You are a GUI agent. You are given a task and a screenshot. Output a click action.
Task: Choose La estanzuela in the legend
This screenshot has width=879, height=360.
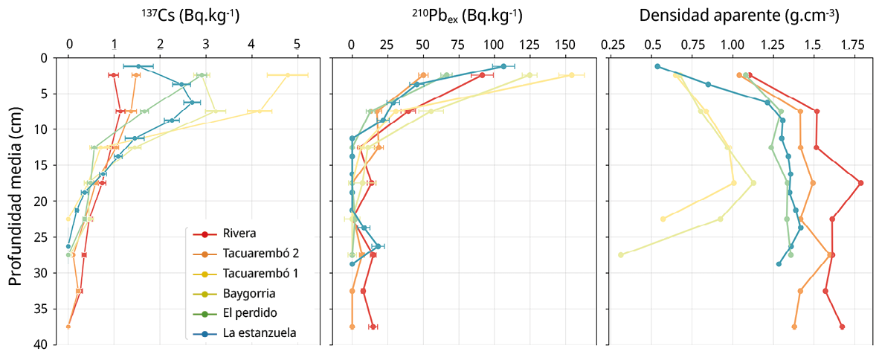tap(260, 332)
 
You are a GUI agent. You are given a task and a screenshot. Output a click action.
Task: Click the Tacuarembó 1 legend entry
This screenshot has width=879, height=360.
tap(260, 274)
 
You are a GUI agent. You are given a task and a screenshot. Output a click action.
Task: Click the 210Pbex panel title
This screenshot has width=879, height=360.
tap(467, 16)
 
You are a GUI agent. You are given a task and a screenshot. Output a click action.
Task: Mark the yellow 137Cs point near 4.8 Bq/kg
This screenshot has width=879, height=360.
tap(287, 75)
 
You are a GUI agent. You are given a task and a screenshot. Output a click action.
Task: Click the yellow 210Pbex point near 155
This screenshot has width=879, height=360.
tap(571, 75)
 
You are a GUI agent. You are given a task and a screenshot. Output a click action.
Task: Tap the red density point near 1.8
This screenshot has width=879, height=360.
tap(860, 183)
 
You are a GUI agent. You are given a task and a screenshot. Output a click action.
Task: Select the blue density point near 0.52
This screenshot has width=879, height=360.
tap(657, 66)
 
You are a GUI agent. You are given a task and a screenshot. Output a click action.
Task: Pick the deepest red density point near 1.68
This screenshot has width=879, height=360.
tap(842, 327)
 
